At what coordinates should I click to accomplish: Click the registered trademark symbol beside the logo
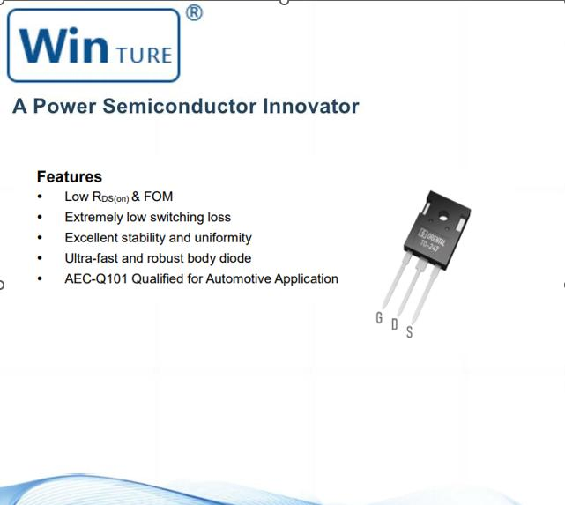coord(194,13)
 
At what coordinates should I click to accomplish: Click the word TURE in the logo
coord(145,56)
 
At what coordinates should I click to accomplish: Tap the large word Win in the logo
coord(63,45)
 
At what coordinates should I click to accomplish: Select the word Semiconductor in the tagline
coord(180,107)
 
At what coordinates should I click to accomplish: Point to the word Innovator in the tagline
coord(311,107)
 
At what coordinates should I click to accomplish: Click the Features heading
coord(70,176)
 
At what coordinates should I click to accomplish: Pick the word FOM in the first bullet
coord(158,197)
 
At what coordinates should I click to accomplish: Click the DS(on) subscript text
coord(115,199)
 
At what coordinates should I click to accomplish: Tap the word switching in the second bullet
coord(176,218)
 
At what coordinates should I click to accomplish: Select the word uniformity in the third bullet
coord(223,238)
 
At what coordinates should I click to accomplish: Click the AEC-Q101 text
coord(96,278)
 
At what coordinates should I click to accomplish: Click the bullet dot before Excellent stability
coord(40,238)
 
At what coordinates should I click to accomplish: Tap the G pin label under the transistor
coord(379,317)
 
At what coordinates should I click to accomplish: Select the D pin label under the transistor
coord(395,324)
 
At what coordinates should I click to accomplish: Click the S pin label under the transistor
coord(409,331)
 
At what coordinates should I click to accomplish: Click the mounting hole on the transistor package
coord(443,216)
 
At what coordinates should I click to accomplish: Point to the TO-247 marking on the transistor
coord(429,247)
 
